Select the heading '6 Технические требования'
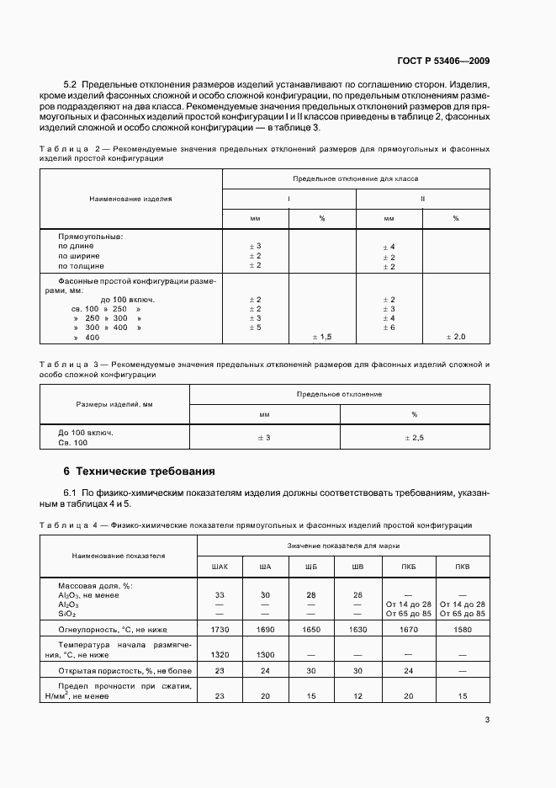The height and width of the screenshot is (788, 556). tap(140, 471)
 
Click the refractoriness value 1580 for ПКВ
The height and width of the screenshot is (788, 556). tap(462, 628)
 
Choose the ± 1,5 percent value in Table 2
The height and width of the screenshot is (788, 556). tap(323, 337)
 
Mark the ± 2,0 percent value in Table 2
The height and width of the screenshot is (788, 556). tap(455, 337)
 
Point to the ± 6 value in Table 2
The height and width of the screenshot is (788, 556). tap(389, 327)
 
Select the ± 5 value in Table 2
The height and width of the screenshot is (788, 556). tap(256, 327)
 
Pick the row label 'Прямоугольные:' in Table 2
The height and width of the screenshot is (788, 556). tap(90, 237)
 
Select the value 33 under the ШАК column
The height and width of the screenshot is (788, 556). tap(220, 594)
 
